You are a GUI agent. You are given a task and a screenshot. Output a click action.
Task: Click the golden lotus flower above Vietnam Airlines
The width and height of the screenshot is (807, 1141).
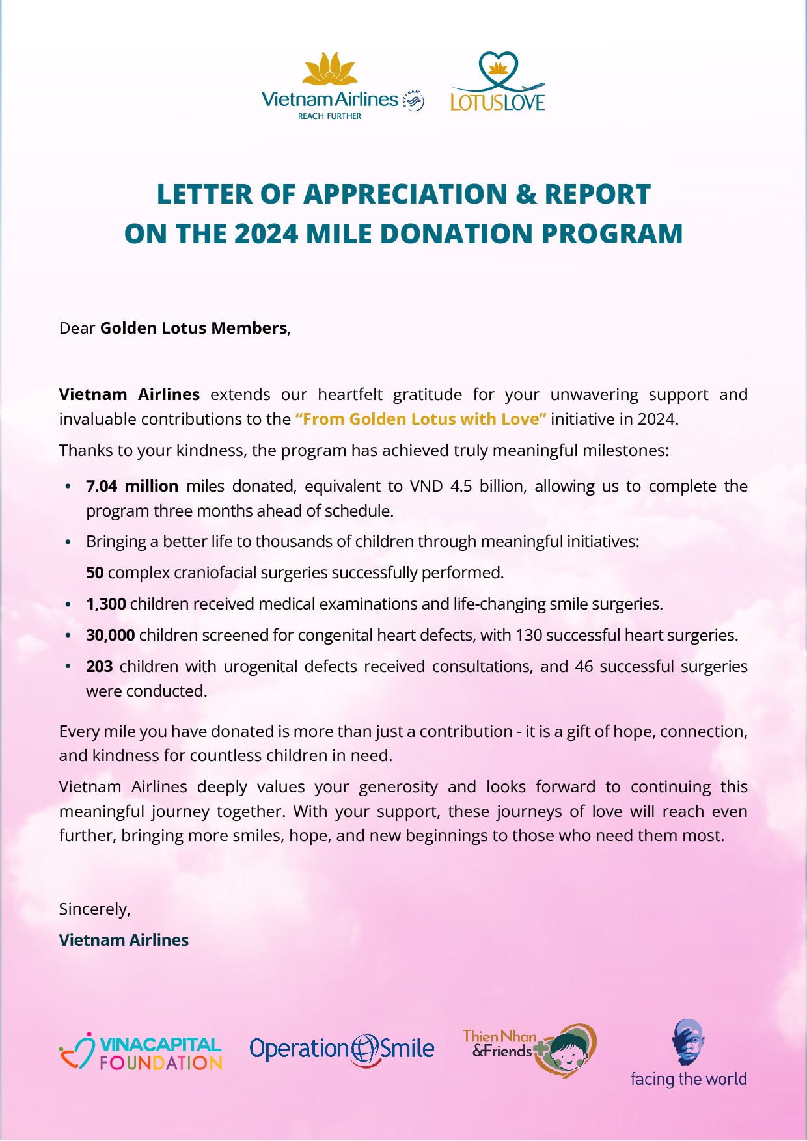click(x=330, y=69)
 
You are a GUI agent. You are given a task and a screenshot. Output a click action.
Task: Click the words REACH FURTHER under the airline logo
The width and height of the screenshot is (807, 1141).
click(x=329, y=116)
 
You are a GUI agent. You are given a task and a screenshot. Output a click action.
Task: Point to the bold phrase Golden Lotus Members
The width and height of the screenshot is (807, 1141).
click(x=193, y=328)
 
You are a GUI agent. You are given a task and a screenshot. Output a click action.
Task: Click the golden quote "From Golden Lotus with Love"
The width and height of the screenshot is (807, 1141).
click(x=420, y=419)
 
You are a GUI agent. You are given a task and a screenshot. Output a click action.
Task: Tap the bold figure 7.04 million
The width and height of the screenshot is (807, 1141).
click(x=132, y=486)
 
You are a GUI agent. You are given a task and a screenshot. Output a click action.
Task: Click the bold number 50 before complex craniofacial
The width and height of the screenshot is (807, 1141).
click(x=94, y=572)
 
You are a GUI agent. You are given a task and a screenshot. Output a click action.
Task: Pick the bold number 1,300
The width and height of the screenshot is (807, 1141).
click(x=105, y=604)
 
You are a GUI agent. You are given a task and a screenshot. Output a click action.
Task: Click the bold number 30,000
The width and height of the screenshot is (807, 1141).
click(x=110, y=635)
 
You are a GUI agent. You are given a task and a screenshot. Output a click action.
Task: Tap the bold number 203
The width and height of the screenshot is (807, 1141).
click(x=99, y=666)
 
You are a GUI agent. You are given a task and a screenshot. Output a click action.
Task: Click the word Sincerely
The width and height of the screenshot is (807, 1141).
click(x=94, y=909)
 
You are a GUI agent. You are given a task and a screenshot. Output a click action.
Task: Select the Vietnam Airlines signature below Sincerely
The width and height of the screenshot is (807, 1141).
click(x=124, y=940)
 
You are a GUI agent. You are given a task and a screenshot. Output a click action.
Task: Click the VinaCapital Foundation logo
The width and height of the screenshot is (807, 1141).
click(x=141, y=1053)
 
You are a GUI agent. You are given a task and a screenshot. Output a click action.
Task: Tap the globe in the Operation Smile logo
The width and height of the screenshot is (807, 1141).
click(x=364, y=1049)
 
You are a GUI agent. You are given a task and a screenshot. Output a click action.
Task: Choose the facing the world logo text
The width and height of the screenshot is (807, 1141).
click(x=688, y=1079)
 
